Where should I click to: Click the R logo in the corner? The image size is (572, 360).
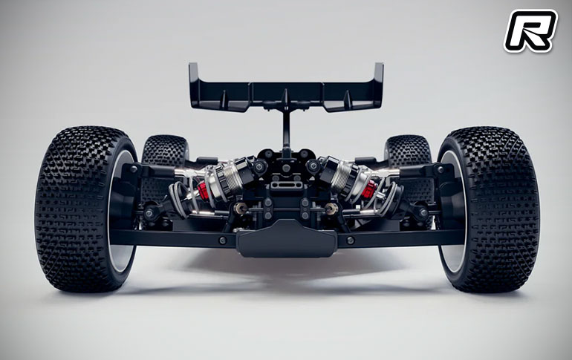point(530,31)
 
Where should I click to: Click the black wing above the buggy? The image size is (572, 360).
point(286,88)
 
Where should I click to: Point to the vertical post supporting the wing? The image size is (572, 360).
point(286,131)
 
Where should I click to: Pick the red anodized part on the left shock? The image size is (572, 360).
point(204,190)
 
